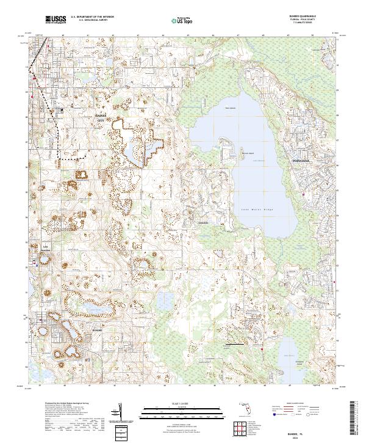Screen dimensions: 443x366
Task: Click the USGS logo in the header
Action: [x=55, y=20]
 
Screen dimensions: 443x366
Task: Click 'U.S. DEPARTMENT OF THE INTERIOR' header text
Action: [x=92, y=17]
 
